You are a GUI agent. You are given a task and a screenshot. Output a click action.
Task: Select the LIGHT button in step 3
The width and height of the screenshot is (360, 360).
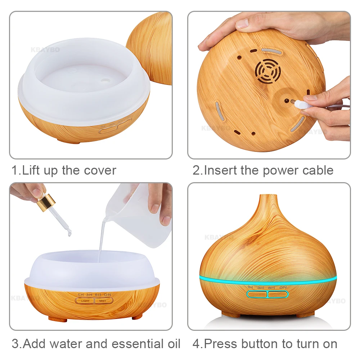85,301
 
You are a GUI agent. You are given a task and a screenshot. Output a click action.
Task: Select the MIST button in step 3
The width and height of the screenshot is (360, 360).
103,301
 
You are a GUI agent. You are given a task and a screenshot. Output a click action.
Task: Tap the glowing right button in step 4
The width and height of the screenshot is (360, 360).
278,294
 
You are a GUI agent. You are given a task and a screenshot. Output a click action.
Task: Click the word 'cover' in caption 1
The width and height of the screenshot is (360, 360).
99,170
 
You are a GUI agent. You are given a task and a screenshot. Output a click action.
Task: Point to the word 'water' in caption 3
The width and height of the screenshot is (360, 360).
67,343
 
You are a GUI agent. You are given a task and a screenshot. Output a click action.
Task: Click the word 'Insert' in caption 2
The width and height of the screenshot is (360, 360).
220,170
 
